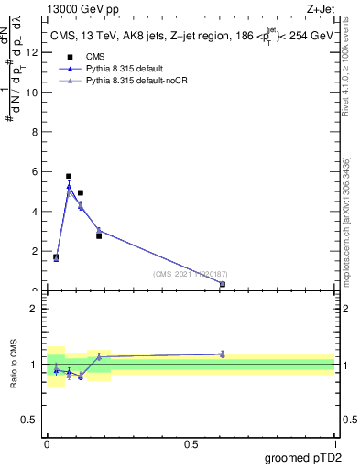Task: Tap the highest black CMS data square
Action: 69,176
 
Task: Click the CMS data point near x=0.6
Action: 223,285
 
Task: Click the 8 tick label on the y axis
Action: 34,132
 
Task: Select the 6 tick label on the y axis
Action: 34,171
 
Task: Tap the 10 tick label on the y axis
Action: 32,92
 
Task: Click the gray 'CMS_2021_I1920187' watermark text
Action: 191,274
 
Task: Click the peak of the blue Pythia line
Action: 69,187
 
